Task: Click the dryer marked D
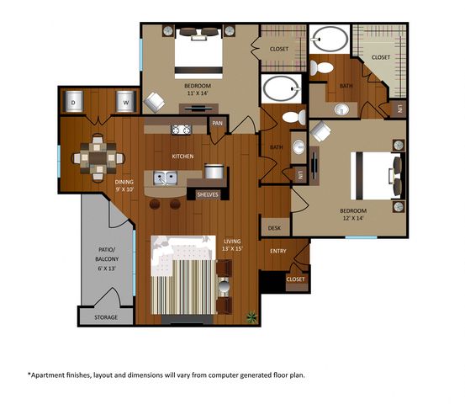[73, 102]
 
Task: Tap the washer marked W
[126, 102]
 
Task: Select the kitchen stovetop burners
[181, 130]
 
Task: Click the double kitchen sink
[165, 178]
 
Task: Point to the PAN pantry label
[218, 123]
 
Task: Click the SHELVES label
[208, 194]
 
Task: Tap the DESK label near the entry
[274, 228]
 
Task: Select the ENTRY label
[278, 251]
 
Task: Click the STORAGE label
[106, 317]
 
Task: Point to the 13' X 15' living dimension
[232, 248]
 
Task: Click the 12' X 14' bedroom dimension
[353, 218]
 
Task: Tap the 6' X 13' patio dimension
[107, 268]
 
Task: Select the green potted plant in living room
[251, 316]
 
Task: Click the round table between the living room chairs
[225, 287]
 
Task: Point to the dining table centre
[98, 158]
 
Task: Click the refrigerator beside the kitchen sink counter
[214, 172]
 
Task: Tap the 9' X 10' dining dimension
[124, 189]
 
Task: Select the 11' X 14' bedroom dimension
[198, 93]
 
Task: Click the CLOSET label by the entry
[296, 279]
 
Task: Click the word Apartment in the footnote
[46, 375]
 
